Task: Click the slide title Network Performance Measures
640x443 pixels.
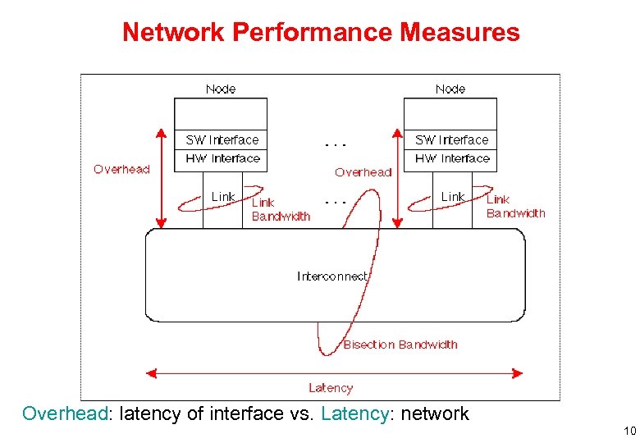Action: click(x=321, y=33)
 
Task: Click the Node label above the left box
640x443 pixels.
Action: click(x=221, y=89)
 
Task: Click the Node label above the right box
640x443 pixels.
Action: click(x=450, y=89)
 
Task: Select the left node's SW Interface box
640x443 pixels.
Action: click(x=222, y=139)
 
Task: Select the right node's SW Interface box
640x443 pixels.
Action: click(x=451, y=139)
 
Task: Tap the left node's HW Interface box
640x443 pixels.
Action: click(x=222, y=158)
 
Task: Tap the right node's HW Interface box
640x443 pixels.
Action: click(x=452, y=158)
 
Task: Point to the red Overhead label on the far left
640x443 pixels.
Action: click(x=121, y=169)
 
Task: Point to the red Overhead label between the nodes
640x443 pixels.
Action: click(x=363, y=172)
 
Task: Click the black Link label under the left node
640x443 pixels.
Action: click(x=222, y=197)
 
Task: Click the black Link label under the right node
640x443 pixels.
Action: click(x=452, y=197)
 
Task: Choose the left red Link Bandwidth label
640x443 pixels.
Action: click(x=281, y=209)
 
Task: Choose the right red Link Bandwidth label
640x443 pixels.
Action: click(x=515, y=206)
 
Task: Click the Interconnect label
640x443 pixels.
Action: click(x=332, y=276)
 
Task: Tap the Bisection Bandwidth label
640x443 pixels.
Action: click(x=400, y=345)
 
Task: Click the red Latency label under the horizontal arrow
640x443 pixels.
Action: click(x=331, y=388)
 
